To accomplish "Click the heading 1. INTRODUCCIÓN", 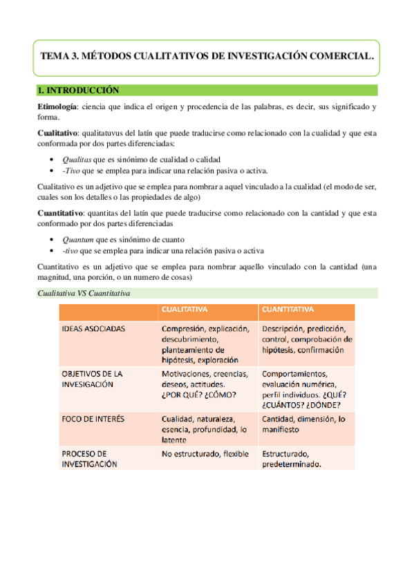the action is [x=79, y=91].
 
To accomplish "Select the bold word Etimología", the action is [x=58, y=106].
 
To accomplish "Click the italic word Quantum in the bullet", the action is [x=78, y=238].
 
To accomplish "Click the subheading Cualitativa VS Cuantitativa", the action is [x=84, y=294].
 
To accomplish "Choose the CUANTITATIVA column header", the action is [x=288, y=310].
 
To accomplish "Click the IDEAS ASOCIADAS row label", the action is [x=93, y=329].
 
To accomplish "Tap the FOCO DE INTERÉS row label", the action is [x=91, y=419].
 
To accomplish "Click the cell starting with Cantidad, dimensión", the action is [x=303, y=424].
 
